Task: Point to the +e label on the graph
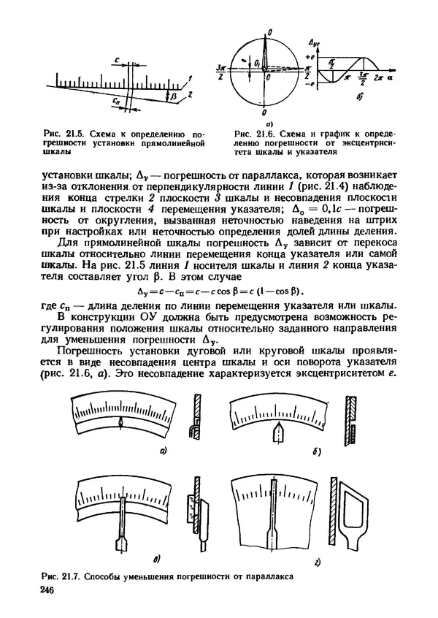coord(310,56)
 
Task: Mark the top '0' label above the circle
coord(270,33)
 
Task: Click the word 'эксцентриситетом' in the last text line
coord(339,375)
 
